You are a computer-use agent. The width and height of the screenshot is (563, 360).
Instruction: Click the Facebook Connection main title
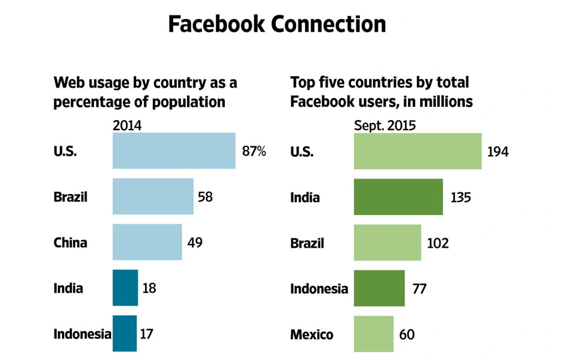coord(277,24)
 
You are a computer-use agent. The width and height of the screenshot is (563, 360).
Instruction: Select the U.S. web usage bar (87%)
coord(174,150)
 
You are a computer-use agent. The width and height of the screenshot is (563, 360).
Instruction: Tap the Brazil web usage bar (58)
coord(153,196)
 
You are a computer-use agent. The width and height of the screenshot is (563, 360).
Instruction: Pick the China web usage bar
coord(147,242)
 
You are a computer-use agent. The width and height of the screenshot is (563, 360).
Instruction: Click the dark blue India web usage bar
coord(125,287)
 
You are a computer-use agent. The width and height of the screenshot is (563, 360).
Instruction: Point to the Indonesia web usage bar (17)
coord(124,333)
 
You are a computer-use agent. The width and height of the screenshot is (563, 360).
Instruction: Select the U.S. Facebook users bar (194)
coord(418,151)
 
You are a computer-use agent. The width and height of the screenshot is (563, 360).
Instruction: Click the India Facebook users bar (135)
coord(398,197)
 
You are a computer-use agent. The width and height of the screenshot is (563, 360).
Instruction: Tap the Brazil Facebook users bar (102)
coord(387,242)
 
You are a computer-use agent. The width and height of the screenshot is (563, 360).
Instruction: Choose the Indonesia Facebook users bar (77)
coord(379,288)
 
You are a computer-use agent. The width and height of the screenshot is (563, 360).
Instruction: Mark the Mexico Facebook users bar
coord(373,334)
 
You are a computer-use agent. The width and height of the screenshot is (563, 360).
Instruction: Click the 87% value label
coord(254,151)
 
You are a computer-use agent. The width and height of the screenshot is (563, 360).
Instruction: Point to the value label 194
coord(498,152)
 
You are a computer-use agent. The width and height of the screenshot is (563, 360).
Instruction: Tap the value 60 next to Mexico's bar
coord(407,334)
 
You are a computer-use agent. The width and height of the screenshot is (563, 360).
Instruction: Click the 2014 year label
coord(127,126)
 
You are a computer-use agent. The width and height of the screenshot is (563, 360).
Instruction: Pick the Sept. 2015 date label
coord(385,126)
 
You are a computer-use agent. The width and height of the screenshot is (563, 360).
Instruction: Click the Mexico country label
coord(312,334)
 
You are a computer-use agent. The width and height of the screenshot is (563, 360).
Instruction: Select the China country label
coord(70,242)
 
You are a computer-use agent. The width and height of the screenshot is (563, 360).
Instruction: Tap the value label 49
coord(196,242)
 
